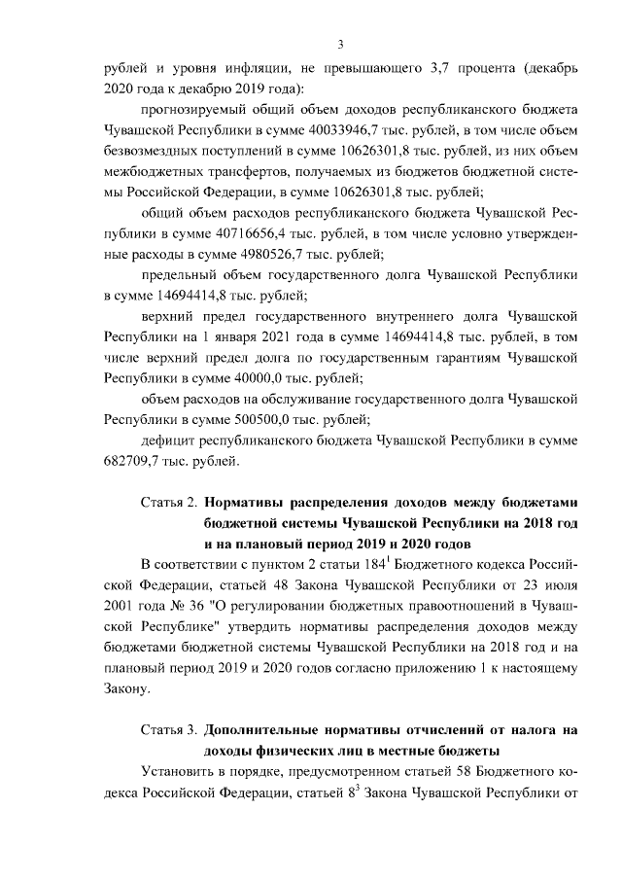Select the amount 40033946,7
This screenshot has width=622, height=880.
pyautogui.click(x=361, y=129)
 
